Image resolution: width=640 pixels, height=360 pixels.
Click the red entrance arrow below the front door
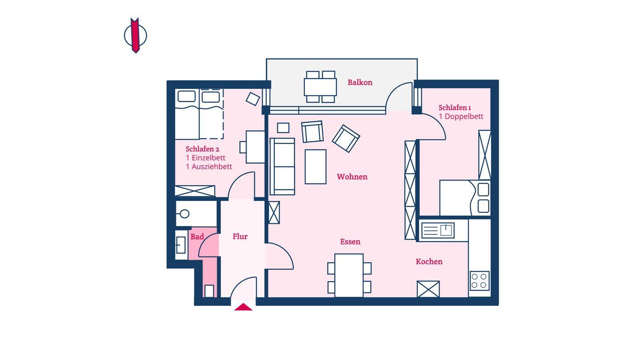[243, 307]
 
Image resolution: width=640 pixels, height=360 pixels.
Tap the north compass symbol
[136, 36]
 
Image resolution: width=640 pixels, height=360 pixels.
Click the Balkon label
[360, 83]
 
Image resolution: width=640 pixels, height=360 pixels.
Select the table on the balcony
[320, 87]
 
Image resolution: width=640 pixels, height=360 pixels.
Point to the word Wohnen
[352, 177]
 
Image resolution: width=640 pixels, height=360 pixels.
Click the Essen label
[350, 242]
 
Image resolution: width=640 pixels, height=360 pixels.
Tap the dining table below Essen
[349, 276]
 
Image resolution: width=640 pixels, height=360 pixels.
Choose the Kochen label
[429, 261]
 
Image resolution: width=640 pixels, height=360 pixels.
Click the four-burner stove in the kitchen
[480, 281]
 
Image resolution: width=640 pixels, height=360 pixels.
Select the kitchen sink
[438, 230]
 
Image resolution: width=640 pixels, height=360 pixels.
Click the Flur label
[240, 236]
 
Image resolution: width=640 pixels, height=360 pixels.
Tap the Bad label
[197, 237]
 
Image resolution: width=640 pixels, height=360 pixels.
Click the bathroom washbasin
[181, 245]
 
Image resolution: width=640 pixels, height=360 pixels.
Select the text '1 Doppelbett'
[461, 116]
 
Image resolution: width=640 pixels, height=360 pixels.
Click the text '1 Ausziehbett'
[209, 167]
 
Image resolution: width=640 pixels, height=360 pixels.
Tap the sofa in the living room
[282, 167]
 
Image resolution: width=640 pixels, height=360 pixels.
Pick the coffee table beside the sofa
[316, 167]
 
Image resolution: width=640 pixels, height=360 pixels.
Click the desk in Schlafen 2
[256, 147]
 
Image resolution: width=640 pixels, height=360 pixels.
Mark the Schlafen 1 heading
[455, 108]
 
